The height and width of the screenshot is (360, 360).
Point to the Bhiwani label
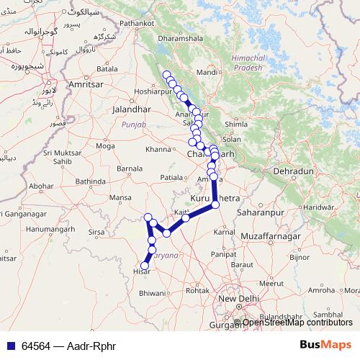[152, 294]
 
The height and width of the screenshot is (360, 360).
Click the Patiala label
[172, 176]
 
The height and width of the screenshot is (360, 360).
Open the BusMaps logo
[325, 344]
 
